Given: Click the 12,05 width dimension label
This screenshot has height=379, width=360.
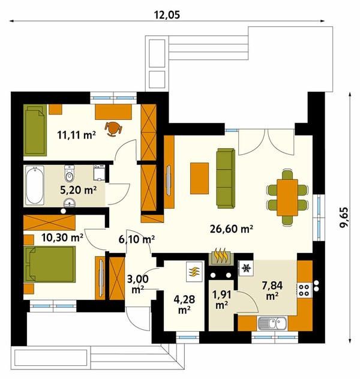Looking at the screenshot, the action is [167, 15].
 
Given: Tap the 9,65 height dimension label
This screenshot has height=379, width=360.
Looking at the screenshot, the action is [344, 217].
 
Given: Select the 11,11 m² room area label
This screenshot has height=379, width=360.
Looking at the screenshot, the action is [76, 135].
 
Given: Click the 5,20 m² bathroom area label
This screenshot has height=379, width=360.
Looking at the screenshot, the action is [79, 190].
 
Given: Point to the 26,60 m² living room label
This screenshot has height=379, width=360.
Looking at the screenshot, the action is [232, 228].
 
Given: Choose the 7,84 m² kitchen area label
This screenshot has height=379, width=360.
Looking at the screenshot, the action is [272, 290].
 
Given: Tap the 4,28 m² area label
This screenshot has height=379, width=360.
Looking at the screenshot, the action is [184, 304].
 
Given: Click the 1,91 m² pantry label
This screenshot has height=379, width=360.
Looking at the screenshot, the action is [222, 299].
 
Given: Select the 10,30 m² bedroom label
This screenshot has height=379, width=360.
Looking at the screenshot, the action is [62, 237].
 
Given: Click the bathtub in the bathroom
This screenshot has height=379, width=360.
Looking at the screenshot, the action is [35, 185].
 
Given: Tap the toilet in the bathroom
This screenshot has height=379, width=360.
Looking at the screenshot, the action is [70, 173].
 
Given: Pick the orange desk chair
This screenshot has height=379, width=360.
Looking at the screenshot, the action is [113, 129].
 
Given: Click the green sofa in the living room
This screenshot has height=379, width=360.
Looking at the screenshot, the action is [226, 178].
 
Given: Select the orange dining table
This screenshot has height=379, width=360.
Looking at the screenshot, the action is [287, 197].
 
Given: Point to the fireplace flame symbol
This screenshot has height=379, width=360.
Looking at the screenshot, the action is [221, 256].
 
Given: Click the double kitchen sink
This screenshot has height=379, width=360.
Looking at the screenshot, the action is [272, 323].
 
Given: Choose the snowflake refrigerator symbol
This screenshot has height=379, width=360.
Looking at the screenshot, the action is [246, 268].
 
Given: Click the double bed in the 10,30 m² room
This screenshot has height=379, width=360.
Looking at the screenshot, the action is [50, 264].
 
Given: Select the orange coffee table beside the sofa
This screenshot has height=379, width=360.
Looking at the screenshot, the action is [199, 178].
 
